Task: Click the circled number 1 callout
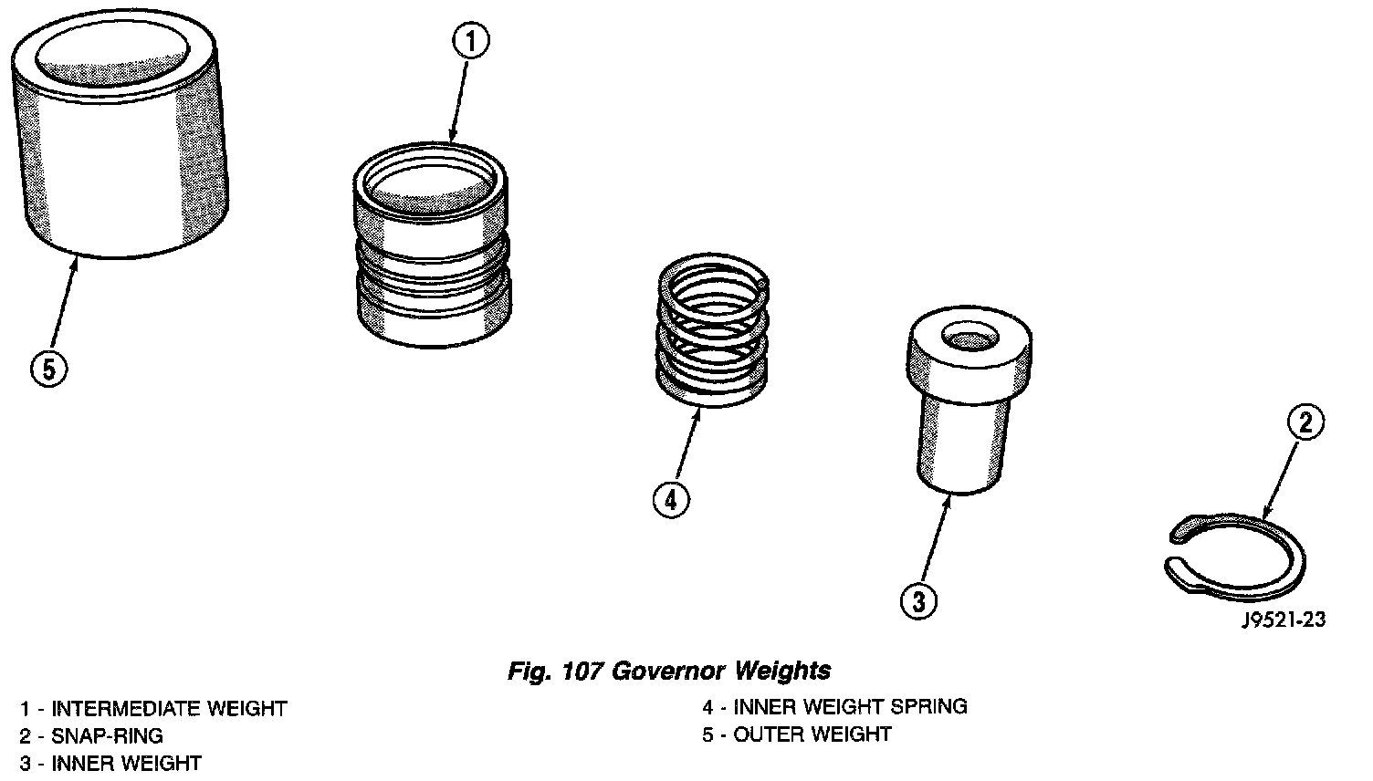tap(470, 40)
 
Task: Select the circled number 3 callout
tap(918, 600)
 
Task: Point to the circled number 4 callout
tap(670, 499)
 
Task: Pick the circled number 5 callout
tap(48, 369)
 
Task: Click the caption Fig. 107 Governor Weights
tap(669, 672)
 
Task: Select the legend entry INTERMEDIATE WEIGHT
tap(153, 709)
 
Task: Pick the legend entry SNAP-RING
tap(91, 735)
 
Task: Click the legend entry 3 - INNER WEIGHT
tap(110, 763)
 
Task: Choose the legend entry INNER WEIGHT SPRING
tap(834, 706)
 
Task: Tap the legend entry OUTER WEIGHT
tap(797, 734)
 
